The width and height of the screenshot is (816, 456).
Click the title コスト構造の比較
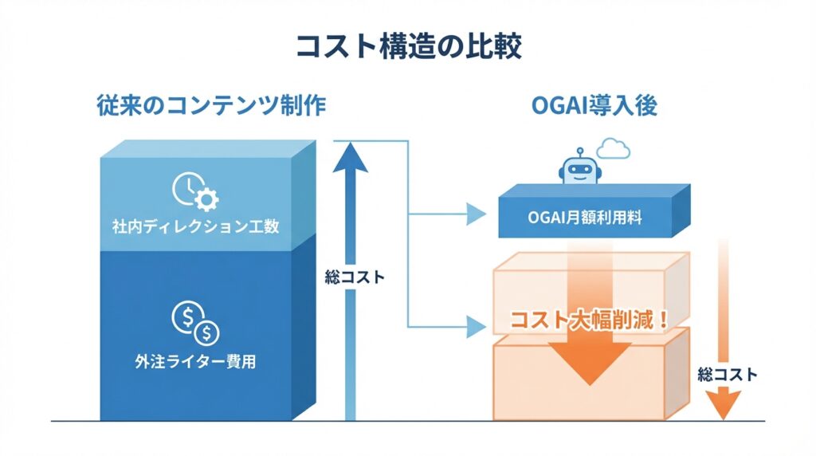tap(408, 45)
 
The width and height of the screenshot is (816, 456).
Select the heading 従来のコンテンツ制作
tap(210, 105)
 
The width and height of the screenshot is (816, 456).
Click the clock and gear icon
tap(195, 191)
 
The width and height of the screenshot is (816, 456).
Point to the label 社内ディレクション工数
tap(195, 226)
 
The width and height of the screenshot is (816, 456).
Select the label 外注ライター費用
tap(195, 361)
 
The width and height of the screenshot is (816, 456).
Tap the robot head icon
tap(579, 170)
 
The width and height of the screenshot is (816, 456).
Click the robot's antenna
tap(579, 150)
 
